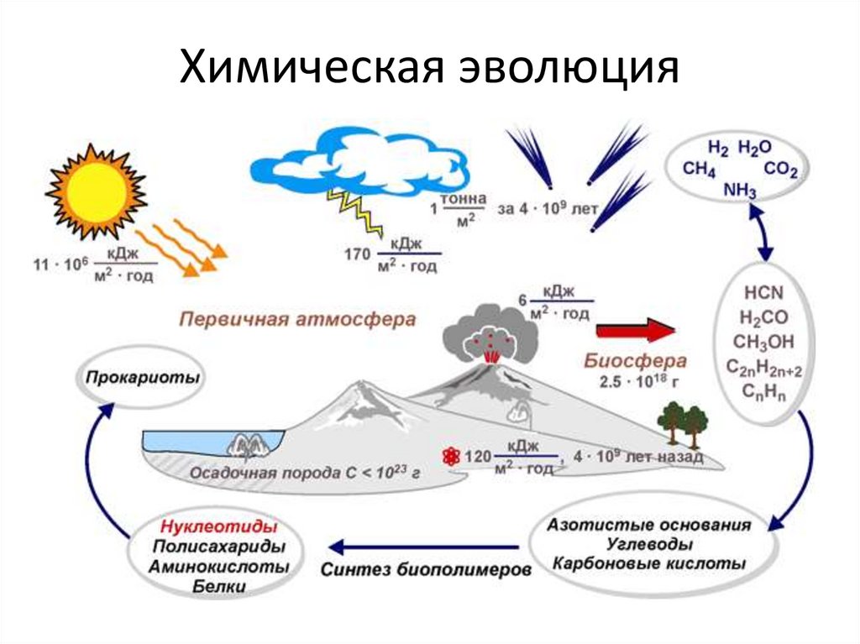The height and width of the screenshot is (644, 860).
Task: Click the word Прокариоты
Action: coord(142,377)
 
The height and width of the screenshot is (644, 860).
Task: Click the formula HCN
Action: coord(763,294)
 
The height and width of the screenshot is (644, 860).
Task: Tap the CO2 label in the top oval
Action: coord(781,170)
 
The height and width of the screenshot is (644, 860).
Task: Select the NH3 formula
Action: coord(740,191)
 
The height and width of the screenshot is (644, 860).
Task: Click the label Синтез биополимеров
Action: coord(426,568)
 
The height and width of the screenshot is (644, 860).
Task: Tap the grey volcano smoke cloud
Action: coord(486,335)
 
